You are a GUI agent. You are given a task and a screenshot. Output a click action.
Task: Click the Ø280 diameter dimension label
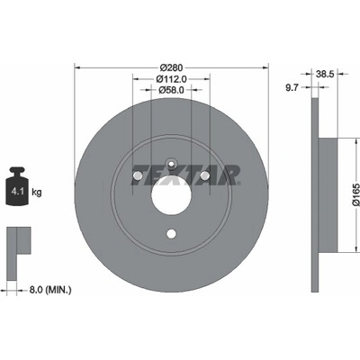click(171, 67)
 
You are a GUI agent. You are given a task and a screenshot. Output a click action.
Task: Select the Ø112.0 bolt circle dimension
click(172, 79)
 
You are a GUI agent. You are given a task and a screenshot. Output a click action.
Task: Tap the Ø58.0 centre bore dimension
click(171, 89)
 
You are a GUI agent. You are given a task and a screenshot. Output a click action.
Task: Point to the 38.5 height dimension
click(325, 74)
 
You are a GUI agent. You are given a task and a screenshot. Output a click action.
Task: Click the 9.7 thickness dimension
click(292, 87)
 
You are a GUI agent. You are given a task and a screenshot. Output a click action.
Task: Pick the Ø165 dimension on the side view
click(355, 194)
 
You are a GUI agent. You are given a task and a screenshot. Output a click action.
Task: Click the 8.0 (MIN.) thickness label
click(50, 290)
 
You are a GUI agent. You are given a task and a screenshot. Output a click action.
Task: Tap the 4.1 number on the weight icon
click(17, 192)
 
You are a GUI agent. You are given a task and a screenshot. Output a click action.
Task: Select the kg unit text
click(37, 192)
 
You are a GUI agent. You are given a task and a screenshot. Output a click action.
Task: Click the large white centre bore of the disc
click(171, 195)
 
